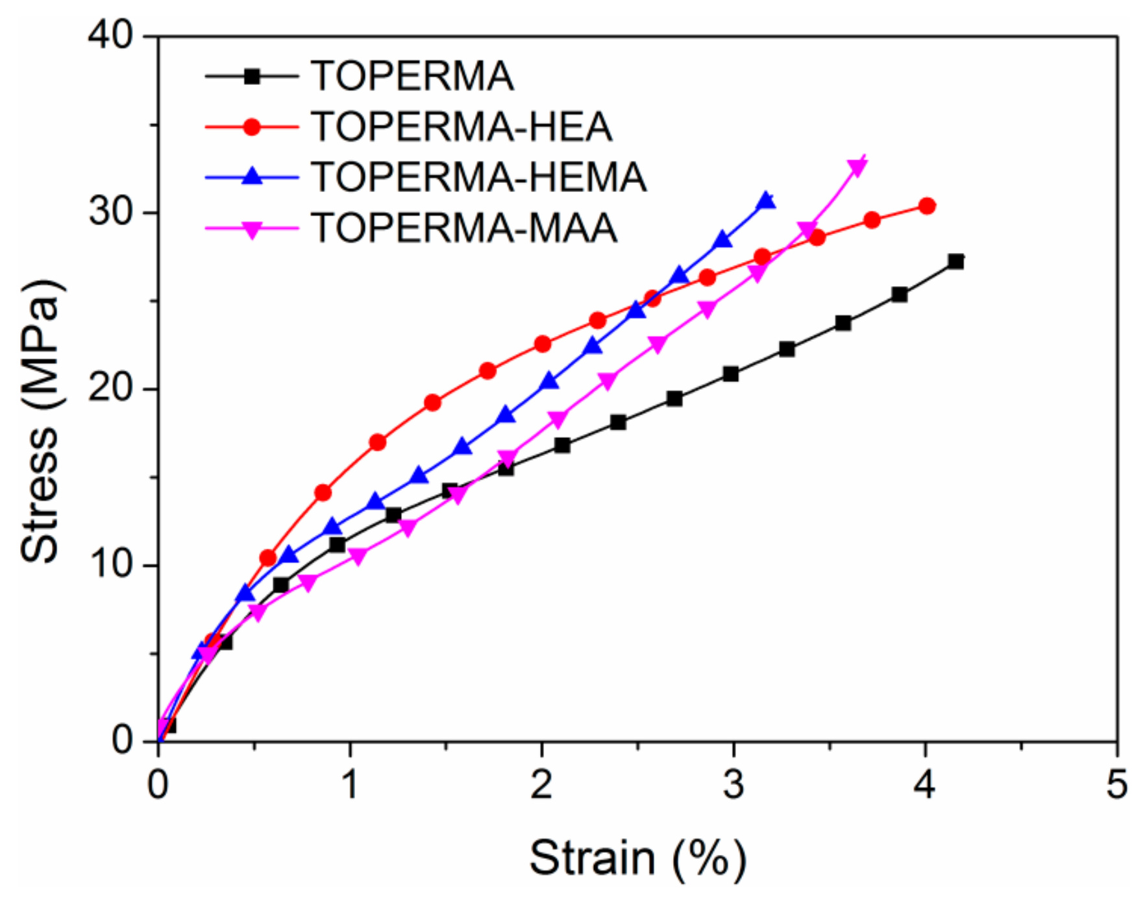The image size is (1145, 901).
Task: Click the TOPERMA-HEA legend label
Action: tap(462, 126)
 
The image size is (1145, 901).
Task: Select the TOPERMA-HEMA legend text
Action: tap(479, 177)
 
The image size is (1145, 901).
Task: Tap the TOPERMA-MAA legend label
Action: tap(464, 228)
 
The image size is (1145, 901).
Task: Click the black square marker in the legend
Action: tap(252, 77)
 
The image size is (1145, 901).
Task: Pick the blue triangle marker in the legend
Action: tap(252, 176)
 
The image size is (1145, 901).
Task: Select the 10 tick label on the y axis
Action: tap(110, 565)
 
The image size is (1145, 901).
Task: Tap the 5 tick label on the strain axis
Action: tap(1116, 785)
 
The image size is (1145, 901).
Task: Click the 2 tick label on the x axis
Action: tap(541, 785)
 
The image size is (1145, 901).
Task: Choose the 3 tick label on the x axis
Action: tap(733, 785)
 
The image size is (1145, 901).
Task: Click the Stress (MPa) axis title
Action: tap(40, 422)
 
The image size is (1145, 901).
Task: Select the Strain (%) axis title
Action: tap(638, 858)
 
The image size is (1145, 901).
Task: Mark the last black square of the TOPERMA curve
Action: tap(955, 261)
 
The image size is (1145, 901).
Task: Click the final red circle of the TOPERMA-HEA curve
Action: tap(927, 206)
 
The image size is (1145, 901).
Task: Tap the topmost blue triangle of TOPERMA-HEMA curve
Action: tap(767, 200)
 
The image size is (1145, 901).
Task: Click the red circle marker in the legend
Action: tap(252, 126)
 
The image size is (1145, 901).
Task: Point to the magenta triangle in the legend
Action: tap(252, 229)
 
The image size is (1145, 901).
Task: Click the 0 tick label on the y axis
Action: tap(122, 740)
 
